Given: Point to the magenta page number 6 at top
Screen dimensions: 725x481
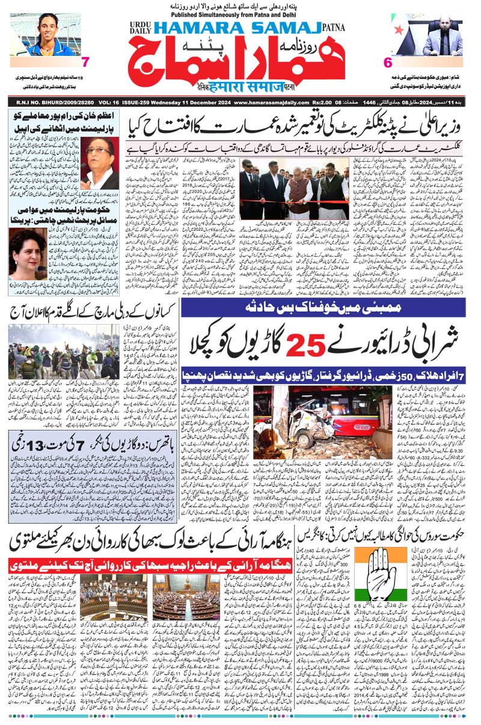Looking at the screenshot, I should [x=387, y=61].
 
